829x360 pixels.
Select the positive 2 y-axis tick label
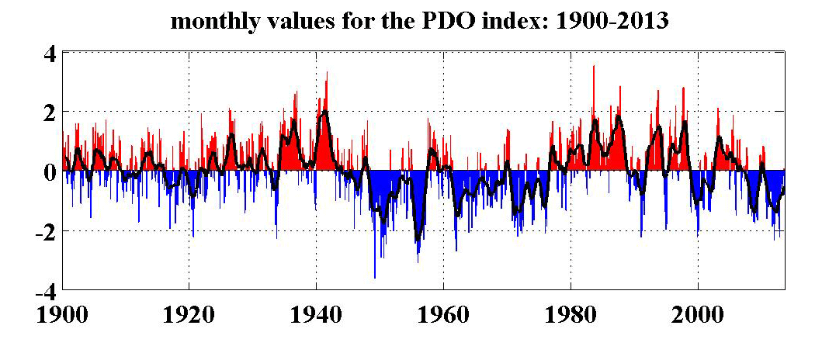pyautogui.click(x=48, y=113)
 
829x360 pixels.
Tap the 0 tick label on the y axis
pyautogui.click(x=48, y=171)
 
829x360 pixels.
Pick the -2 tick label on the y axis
pyautogui.click(x=43, y=232)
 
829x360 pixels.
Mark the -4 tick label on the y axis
pyautogui.click(x=43, y=292)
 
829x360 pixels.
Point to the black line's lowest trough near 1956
pyautogui.click(x=418, y=241)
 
